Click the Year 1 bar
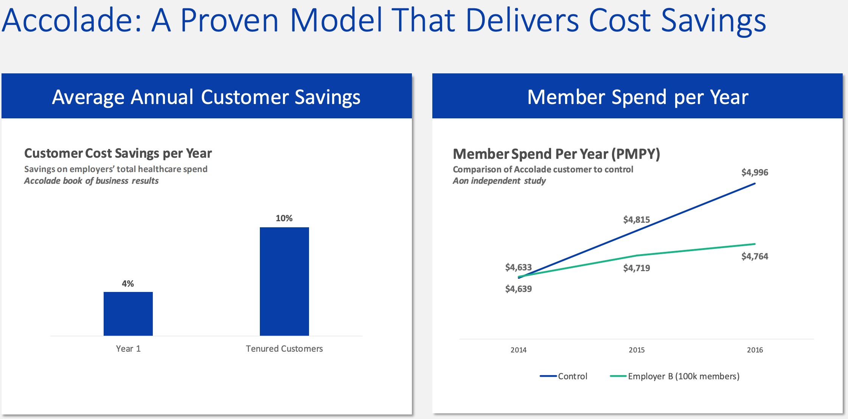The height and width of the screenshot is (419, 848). [128, 313]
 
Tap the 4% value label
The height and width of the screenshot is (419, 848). [128, 284]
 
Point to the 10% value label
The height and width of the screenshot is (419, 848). [284, 218]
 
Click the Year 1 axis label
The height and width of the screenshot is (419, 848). [128, 349]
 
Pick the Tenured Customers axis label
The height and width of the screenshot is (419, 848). [284, 349]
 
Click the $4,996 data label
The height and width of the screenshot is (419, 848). [755, 172]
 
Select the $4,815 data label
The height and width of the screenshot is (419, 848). [637, 220]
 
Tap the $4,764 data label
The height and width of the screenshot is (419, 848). [755, 256]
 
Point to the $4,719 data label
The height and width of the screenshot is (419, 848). [637, 268]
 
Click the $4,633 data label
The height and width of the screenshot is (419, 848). [518, 267]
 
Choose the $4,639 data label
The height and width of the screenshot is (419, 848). [518, 289]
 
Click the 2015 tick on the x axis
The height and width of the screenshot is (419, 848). [637, 350]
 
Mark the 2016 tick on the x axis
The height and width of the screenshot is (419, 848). [755, 350]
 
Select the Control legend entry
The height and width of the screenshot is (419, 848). [564, 376]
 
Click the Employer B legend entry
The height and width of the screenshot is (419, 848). [675, 376]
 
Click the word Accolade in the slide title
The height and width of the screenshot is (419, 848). [72, 21]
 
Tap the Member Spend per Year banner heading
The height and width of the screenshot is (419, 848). [638, 97]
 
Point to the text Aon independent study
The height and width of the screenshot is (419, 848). [499, 181]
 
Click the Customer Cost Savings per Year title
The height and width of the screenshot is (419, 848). [118, 153]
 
